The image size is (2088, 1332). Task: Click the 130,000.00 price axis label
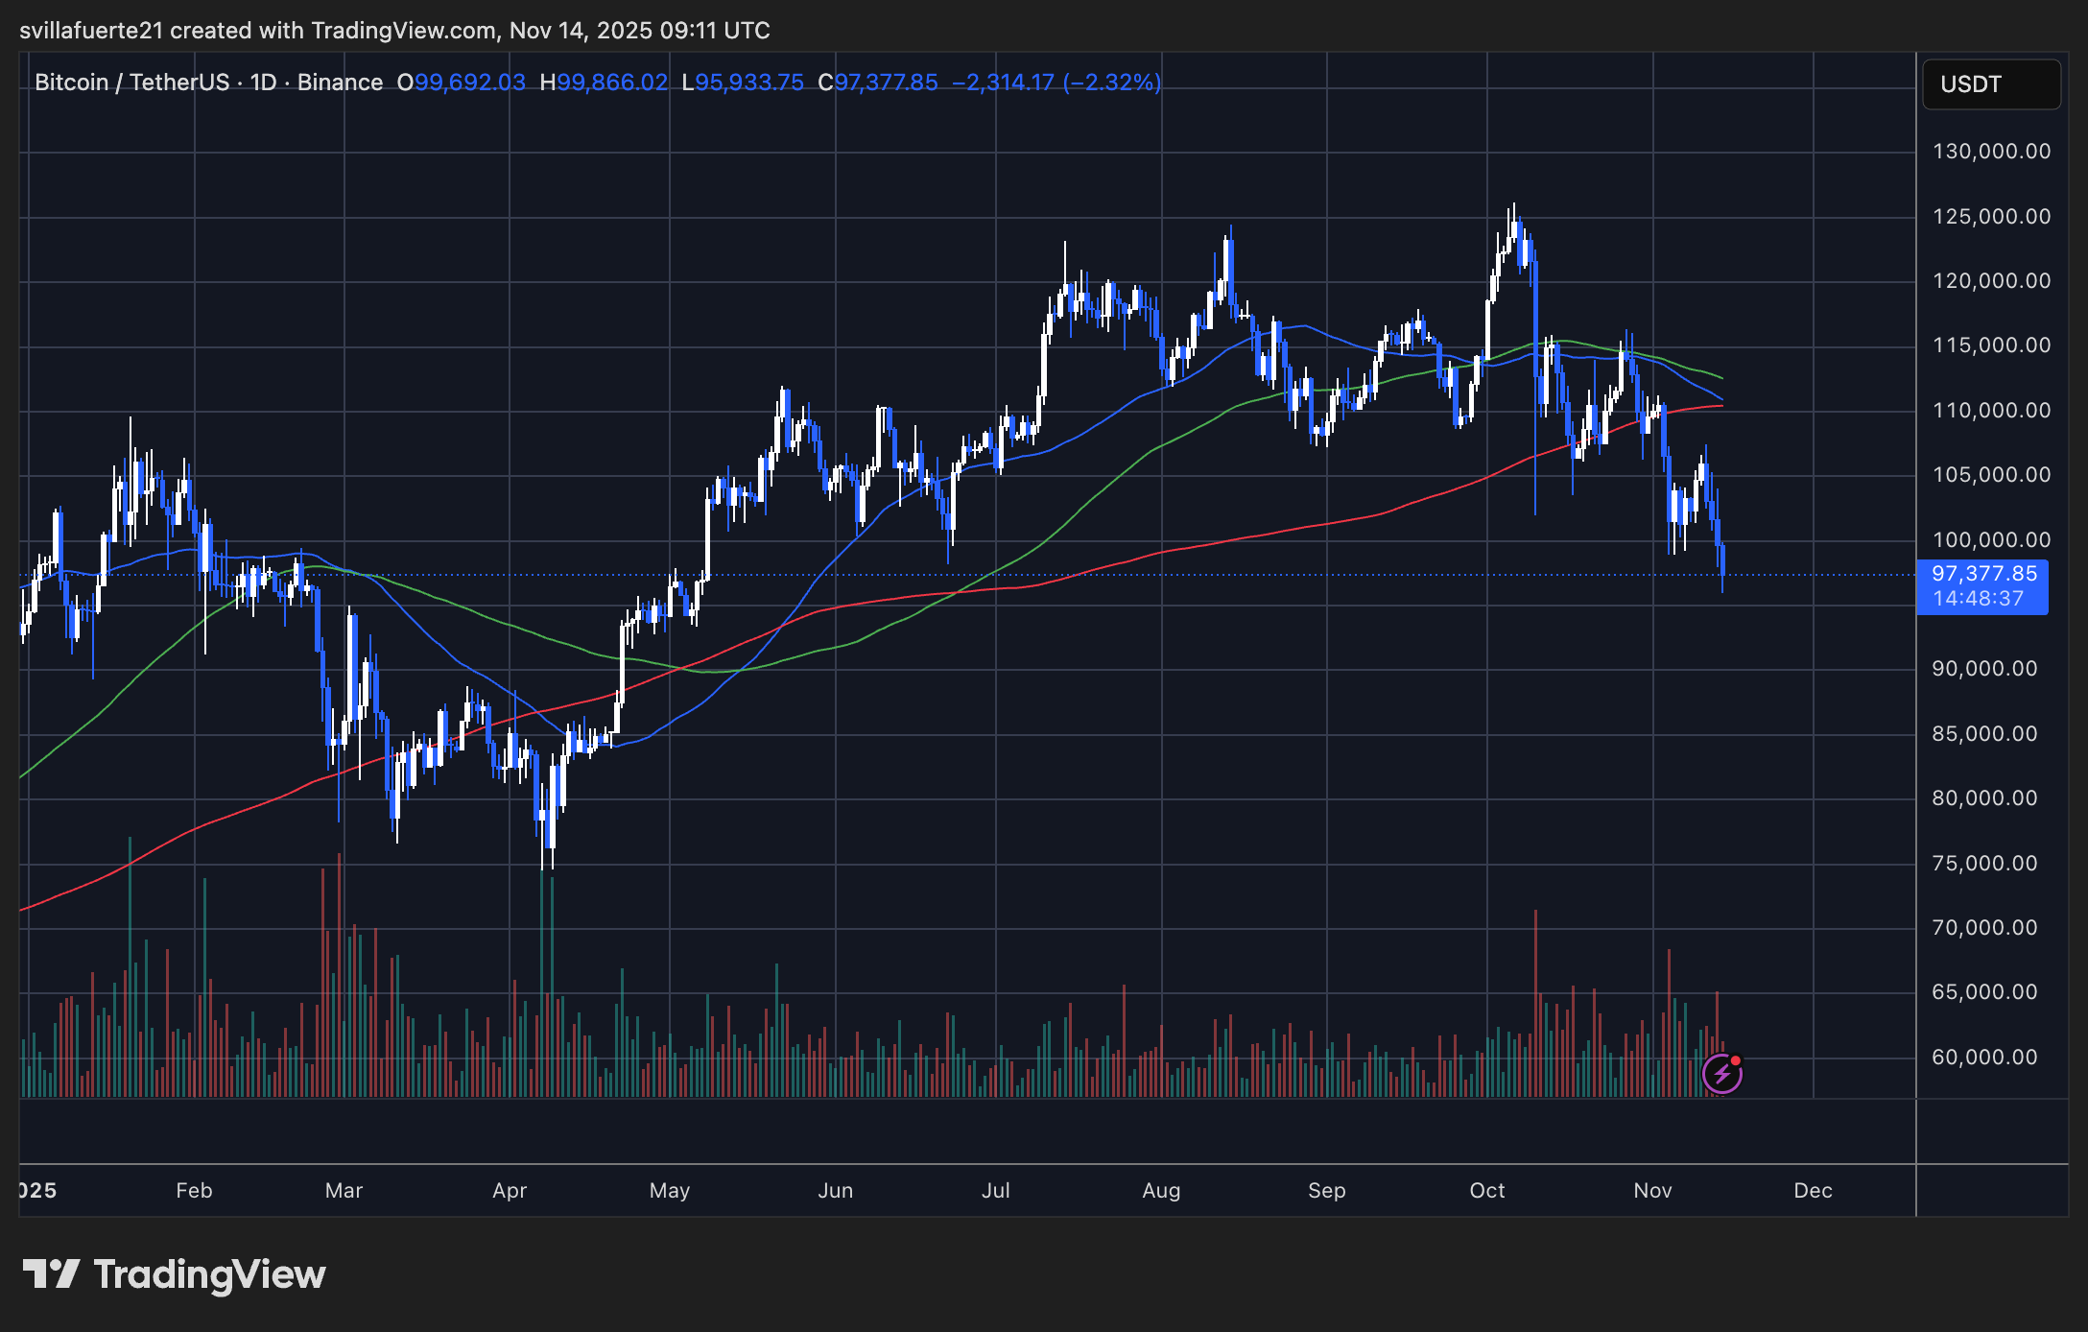click(1990, 152)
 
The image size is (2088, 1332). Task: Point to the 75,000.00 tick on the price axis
click(1983, 864)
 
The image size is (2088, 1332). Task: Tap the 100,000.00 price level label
click(1990, 540)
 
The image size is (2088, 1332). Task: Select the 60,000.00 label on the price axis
click(1983, 1058)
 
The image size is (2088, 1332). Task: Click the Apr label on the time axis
click(510, 1191)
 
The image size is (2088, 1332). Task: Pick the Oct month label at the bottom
click(1487, 1191)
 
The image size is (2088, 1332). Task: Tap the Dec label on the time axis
click(1813, 1191)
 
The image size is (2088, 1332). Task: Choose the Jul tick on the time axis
click(995, 1191)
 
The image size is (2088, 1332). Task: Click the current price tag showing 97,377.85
click(1983, 574)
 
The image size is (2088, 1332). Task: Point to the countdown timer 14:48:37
click(1978, 599)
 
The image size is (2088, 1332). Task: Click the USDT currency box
click(1990, 84)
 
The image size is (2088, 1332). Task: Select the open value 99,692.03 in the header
click(469, 83)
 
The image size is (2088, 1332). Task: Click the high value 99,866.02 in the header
click(612, 83)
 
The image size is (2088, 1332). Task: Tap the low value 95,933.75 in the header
click(748, 83)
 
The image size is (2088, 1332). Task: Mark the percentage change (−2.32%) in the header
click(1112, 83)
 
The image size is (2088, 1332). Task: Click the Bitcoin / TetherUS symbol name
click(131, 83)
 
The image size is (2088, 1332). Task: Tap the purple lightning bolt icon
click(1721, 1074)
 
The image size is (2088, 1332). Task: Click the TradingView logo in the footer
click(174, 1274)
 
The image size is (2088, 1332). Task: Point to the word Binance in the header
click(340, 83)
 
